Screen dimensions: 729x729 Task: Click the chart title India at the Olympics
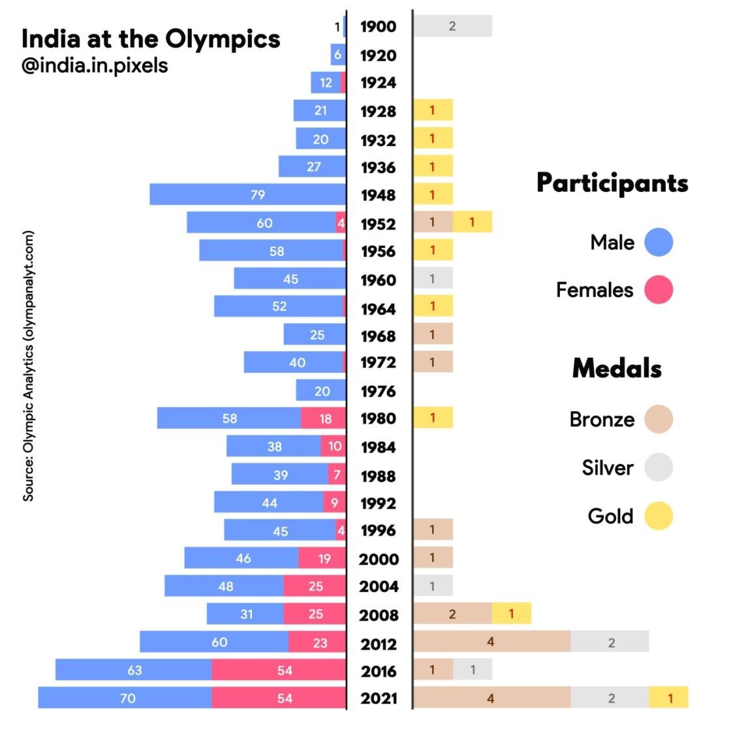pyautogui.click(x=151, y=39)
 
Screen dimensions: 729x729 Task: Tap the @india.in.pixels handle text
pyautogui.click(x=95, y=66)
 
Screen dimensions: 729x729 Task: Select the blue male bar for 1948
pyautogui.click(x=247, y=194)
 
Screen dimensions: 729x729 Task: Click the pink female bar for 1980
pyautogui.click(x=324, y=418)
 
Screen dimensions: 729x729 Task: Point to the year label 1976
pyautogui.click(x=379, y=391)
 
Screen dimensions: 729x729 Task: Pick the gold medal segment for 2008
pyautogui.click(x=511, y=613)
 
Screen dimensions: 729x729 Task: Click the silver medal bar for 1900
pyautogui.click(x=452, y=26)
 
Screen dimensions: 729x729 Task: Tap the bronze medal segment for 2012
pyautogui.click(x=492, y=642)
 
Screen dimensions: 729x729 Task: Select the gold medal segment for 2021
pyautogui.click(x=669, y=698)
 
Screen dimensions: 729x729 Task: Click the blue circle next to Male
pyautogui.click(x=658, y=242)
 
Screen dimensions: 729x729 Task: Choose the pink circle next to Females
pyautogui.click(x=658, y=290)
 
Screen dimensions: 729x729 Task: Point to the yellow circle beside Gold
pyautogui.click(x=658, y=516)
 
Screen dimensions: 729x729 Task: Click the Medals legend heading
pyautogui.click(x=617, y=369)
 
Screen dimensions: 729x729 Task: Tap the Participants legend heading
pyautogui.click(x=612, y=183)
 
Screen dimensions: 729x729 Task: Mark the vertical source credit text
pyautogui.click(x=28, y=366)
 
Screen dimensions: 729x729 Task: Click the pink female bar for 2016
pyautogui.click(x=279, y=670)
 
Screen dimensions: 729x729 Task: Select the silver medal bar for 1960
pyautogui.click(x=433, y=279)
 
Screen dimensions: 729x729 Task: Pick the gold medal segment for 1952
pyautogui.click(x=472, y=223)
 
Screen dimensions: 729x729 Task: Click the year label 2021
pyautogui.click(x=379, y=698)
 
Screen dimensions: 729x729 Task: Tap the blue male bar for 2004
pyautogui.click(x=224, y=586)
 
